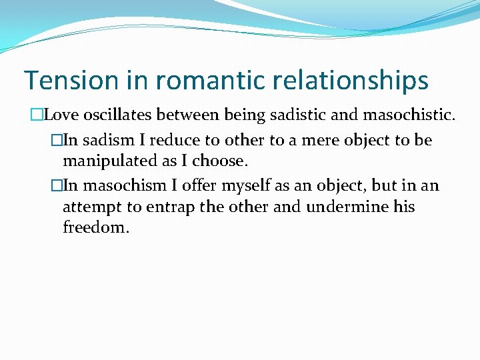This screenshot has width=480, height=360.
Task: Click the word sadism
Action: (x=101, y=140)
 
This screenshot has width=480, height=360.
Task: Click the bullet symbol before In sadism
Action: (x=56, y=141)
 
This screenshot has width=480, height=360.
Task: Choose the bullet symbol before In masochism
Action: (x=56, y=186)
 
